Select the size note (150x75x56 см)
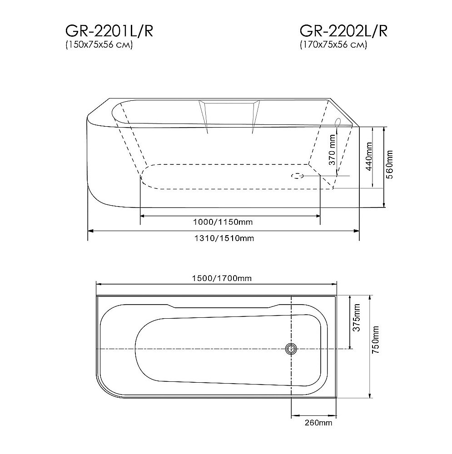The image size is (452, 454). pyautogui.click(x=99, y=45)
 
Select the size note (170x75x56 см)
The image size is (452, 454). pyautogui.click(x=333, y=45)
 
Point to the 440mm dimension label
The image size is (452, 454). pyautogui.click(x=369, y=156)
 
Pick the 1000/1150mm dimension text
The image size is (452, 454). pyautogui.click(x=223, y=222)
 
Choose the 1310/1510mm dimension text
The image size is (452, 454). pyautogui.click(x=223, y=238)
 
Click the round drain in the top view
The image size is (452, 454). pyautogui.click(x=291, y=349)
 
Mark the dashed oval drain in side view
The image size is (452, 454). pyautogui.click(x=298, y=176)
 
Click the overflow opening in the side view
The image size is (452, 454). pyautogui.click(x=337, y=122)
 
